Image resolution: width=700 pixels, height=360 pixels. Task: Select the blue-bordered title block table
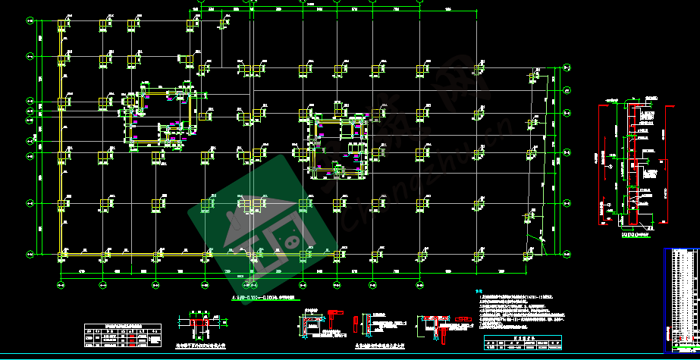[681, 299]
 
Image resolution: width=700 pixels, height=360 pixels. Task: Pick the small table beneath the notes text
[524, 343]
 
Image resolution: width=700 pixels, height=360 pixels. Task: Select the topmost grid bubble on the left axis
[29, 22]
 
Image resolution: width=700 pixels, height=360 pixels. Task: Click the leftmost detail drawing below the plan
[202, 326]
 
